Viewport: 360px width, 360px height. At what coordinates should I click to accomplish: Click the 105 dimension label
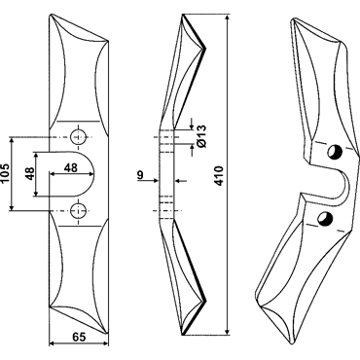(5, 174)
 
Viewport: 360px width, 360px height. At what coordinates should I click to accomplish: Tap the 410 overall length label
(220, 175)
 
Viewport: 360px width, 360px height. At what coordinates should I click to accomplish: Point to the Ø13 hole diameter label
(201, 136)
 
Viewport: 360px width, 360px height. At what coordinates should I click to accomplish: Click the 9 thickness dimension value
(140, 175)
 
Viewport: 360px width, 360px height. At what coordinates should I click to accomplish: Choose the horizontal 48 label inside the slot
(71, 167)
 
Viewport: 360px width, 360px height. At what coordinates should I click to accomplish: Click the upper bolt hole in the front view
(78, 137)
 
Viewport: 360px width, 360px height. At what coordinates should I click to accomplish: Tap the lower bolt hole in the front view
(78, 211)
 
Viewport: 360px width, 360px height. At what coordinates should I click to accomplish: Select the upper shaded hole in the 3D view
(334, 152)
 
